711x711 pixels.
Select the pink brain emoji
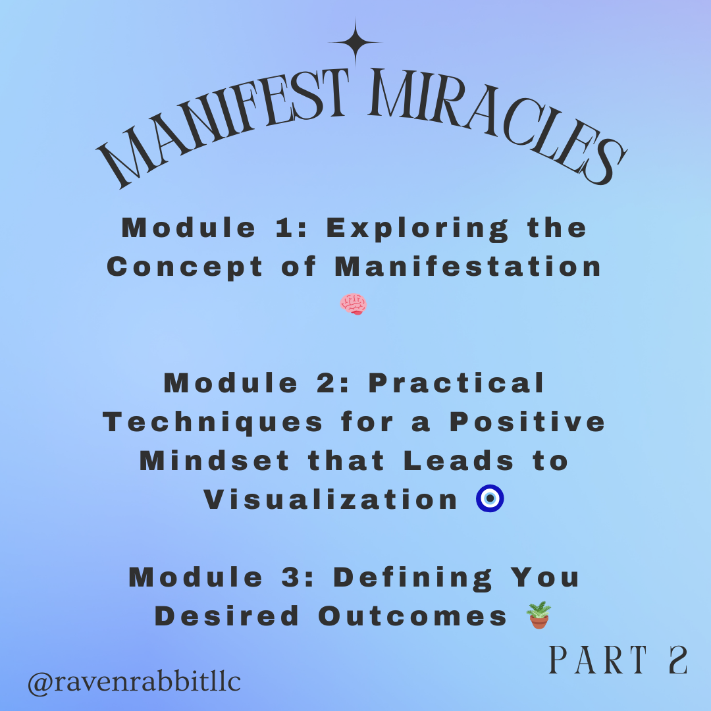click(x=354, y=304)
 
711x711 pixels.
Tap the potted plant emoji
click(x=539, y=616)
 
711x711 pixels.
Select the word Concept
click(x=185, y=267)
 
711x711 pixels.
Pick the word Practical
click(x=457, y=383)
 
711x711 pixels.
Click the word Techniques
click(x=214, y=422)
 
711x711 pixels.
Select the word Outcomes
click(x=413, y=616)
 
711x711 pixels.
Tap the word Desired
click(x=226, y=616)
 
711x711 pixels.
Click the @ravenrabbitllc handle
click(x=134, y=682)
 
